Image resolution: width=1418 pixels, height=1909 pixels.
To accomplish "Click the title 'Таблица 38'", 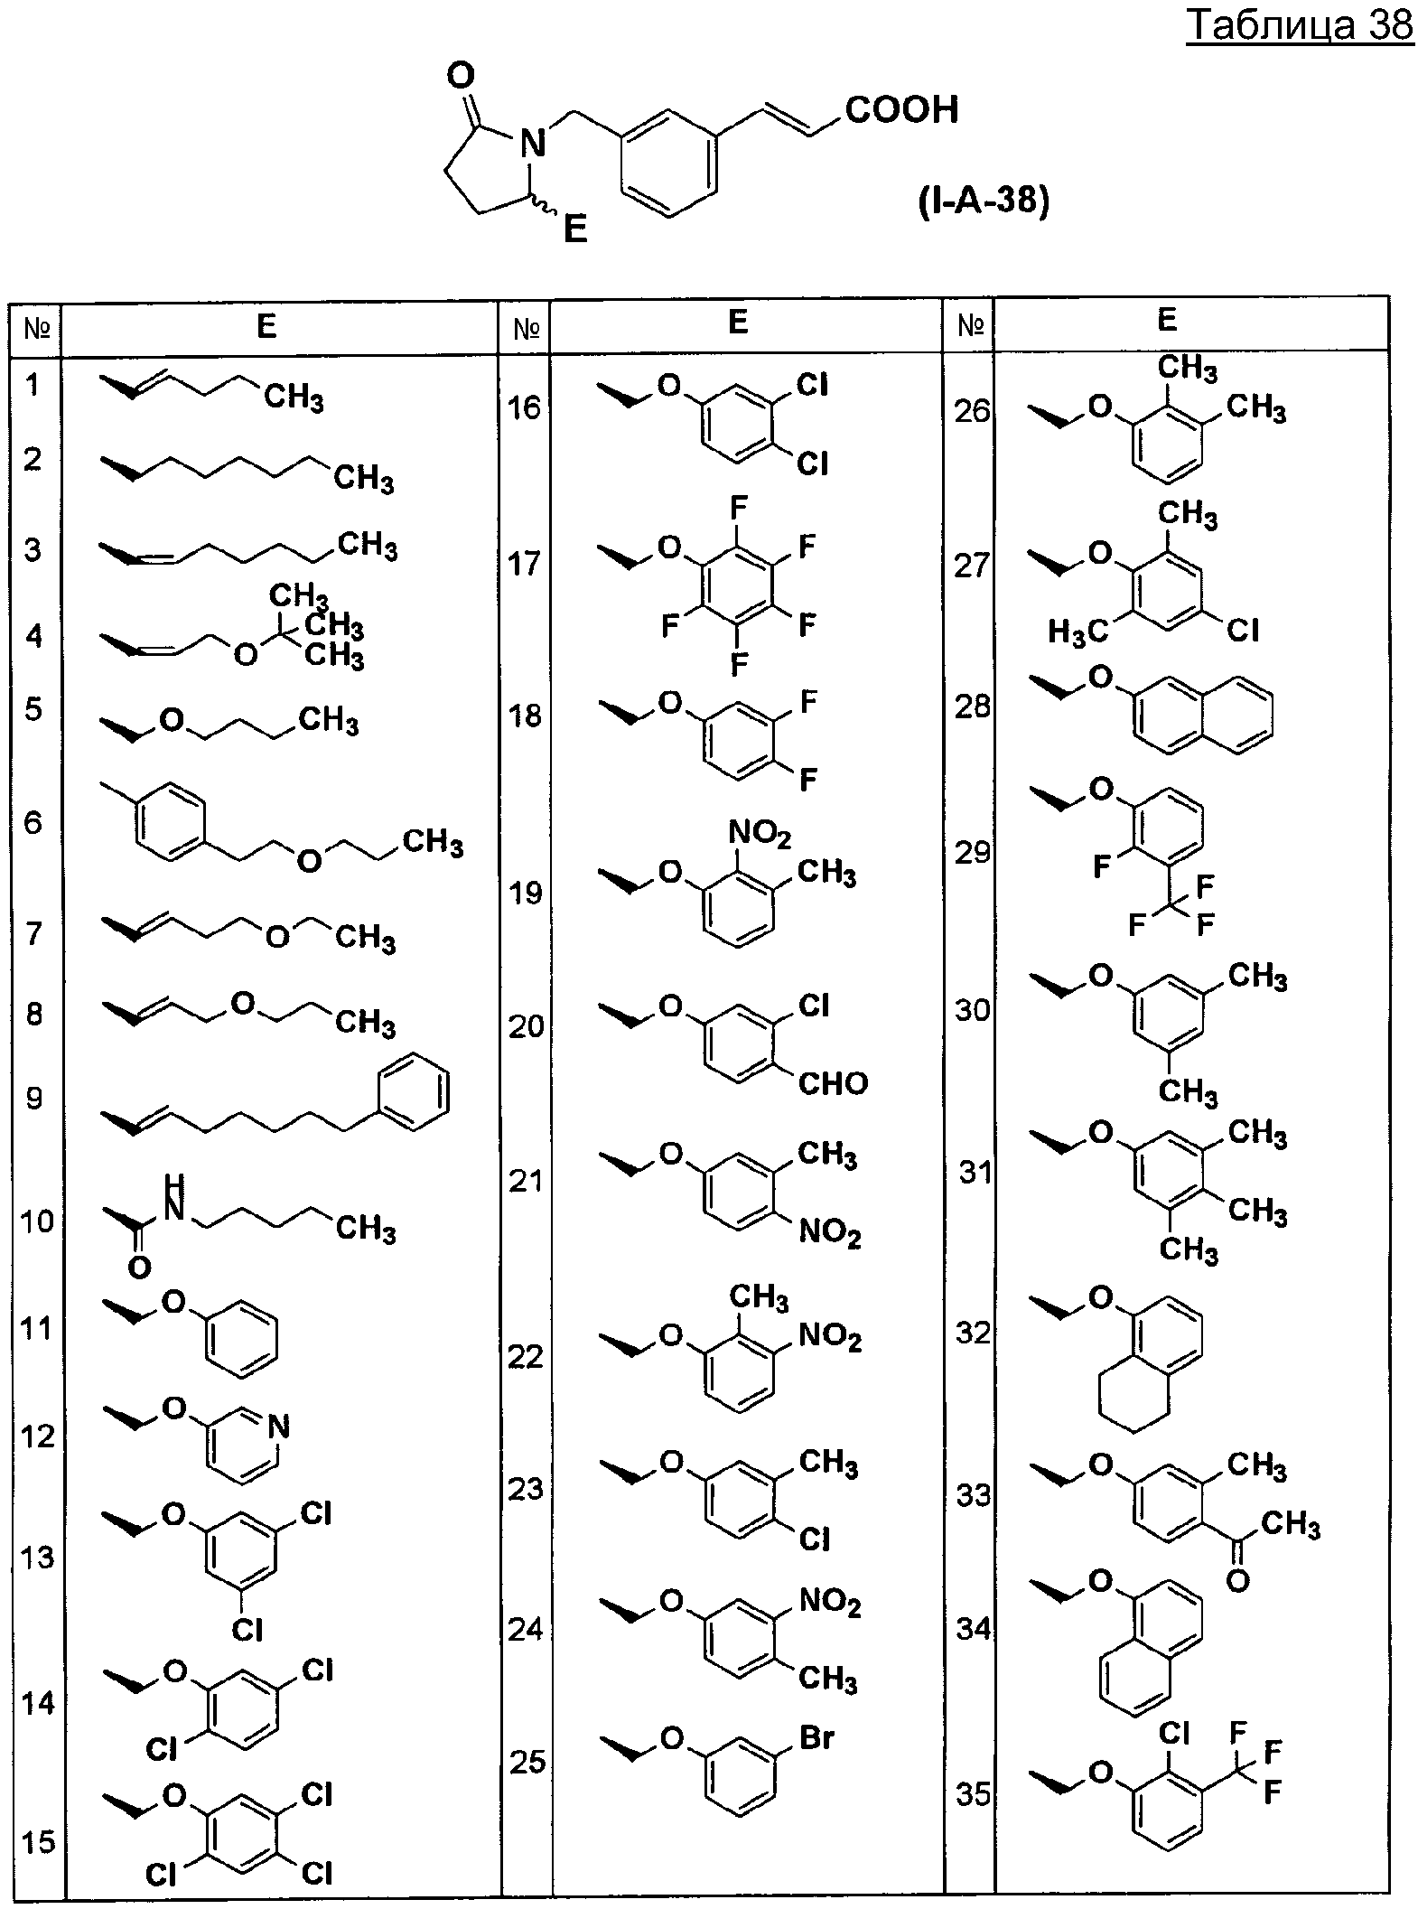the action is pyautogui.click(x=1300, y=26).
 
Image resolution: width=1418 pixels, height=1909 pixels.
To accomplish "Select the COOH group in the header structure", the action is pyautogui.click(x=901, y=109).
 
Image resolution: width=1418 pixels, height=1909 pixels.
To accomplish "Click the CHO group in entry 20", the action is pyautogui.click(x=833, y=1082).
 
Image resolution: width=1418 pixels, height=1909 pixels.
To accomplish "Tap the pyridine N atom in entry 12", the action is pyautogui.click(x=279, y=1427).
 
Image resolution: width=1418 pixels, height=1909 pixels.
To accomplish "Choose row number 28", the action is pyautogui.click(x=973, y=707).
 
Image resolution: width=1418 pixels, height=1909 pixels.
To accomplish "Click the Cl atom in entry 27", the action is pyautogui.click(x=1243, y=630).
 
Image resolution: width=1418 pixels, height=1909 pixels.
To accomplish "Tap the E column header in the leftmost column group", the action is pyautogui.click(x=266, y=325).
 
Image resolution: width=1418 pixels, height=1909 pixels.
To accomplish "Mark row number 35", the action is pyautogui.click(x=974, y=1794).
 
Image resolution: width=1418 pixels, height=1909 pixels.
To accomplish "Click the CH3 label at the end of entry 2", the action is pyautogui.click(x=364, y=477).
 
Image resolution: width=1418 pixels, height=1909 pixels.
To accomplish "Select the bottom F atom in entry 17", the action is pyautogui.click(x=739, y=666).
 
